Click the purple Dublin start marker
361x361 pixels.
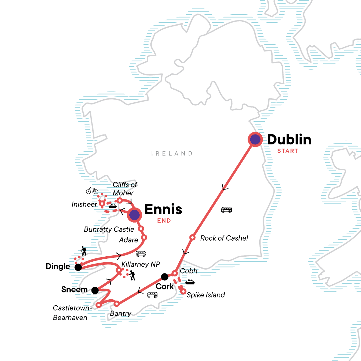tap(255, 140)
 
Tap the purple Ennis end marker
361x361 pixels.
tap(134, 215)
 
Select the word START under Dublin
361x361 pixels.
tap(288, 151)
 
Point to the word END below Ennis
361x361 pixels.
tap(164, 221)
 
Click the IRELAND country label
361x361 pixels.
tap(172, 153)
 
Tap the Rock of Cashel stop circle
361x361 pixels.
tap(192, 238)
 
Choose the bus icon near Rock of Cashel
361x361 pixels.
tap(226, 210)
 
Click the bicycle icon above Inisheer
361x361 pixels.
tap(92, 191)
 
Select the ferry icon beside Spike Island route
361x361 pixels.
tap(190, 282)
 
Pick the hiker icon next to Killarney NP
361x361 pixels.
tap(132, 275)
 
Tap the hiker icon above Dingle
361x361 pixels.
tap(83, 251)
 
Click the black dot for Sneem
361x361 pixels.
tap(95, 290)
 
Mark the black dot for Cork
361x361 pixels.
tap(165, 276)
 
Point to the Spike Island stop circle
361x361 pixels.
tap(183, 291)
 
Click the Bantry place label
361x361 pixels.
tap(120, 313)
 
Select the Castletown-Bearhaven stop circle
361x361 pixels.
tap(98, 305)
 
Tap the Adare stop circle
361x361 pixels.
tap(144, 238)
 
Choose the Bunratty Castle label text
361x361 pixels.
tap(109, 229)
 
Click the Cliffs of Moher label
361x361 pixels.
tap(125, 189)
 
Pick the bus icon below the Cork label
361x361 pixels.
tap(152, 295)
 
